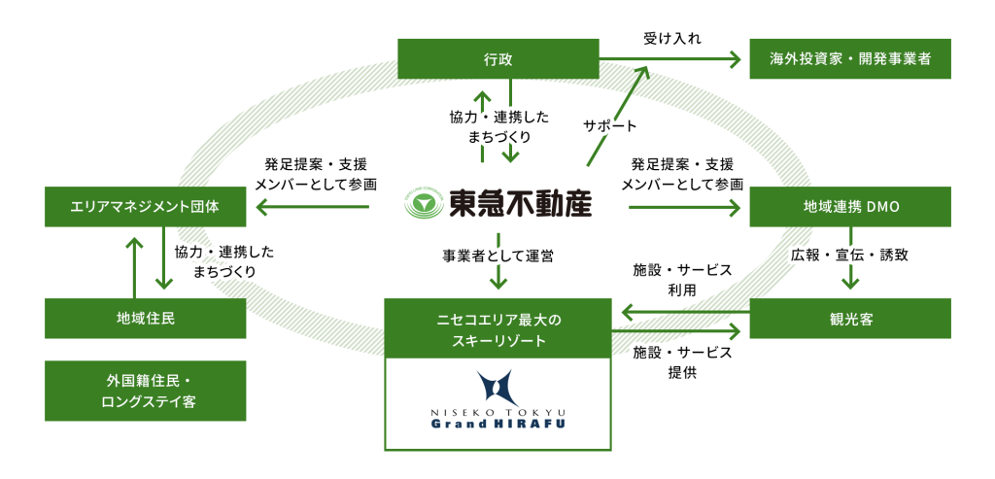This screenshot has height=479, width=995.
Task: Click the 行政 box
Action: click(x=497, y=60)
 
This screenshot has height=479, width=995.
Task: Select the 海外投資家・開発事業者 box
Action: click(x=848, y=60)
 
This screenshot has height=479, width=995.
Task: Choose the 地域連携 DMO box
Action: click(x=848, y=206)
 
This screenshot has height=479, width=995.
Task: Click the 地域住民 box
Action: click(x=145, y=317)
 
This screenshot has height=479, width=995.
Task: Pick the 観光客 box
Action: click(x=848, y=317)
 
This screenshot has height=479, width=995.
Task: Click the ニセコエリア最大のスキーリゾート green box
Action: click(x=497, y=329)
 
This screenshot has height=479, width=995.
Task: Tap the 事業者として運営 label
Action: click(x=498, y=257)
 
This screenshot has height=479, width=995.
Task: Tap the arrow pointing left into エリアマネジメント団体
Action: click(x=311, y=206)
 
